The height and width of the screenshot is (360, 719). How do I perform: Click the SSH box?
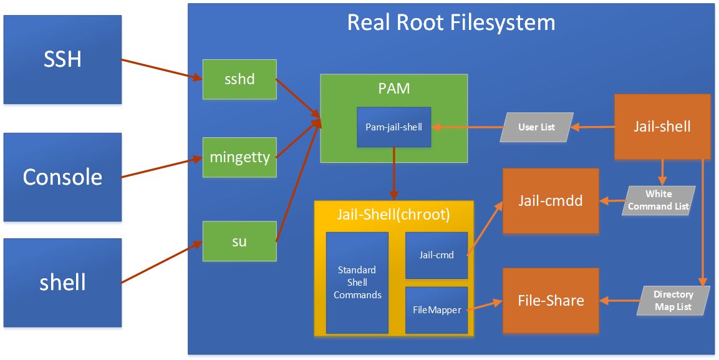[x=62, y=60]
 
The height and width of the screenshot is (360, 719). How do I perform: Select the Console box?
[x=62, y=177]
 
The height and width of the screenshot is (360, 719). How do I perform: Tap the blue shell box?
[x=62, y=283]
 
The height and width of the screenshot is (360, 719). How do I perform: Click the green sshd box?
[x=240, y=79]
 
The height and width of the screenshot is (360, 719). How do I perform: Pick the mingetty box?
[x=240, y=157]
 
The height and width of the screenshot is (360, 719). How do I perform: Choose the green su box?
[x=240, y=241]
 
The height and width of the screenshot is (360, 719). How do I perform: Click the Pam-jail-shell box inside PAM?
[x=394, y=127]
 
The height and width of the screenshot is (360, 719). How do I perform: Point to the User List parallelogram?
[x=536, y=127]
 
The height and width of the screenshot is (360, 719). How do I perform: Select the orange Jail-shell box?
[x=662, y=127]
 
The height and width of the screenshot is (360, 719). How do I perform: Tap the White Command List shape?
[x=659, y=200]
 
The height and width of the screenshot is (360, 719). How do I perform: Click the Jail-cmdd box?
[x=551, y=201]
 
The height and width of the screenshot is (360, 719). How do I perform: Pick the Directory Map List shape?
[x=673, y=300]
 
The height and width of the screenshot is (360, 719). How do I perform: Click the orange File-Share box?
[x=551, y=301]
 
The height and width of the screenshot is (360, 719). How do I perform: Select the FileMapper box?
[x=437, y=311]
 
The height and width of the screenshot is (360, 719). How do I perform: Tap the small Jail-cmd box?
[x=437, y=255]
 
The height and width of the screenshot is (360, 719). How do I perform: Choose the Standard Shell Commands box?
[x=357, y=283]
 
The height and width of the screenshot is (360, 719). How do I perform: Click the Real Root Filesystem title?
[x=451, y=22]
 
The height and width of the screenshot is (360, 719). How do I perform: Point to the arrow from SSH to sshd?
[x=161, y=69]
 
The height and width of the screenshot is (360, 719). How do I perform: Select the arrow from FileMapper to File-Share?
[x=485, y=306]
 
